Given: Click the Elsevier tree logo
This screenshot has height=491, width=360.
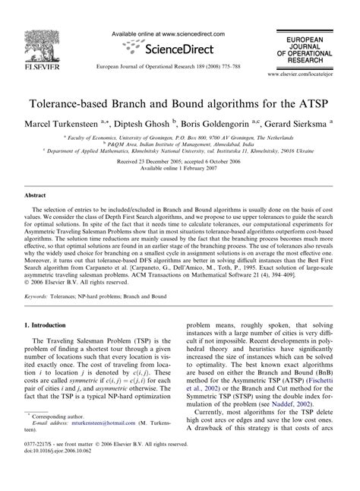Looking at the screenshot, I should (33, 34).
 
